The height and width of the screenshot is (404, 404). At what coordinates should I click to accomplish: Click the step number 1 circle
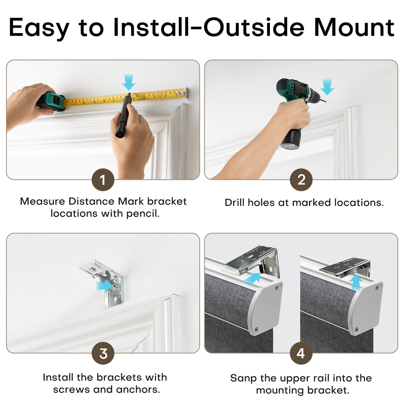(103, 180)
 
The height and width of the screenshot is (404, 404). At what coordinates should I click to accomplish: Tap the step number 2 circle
(301, 180)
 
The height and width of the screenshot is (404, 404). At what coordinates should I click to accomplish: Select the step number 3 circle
(103, 353)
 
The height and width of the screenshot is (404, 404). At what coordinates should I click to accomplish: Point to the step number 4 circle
(301, 353)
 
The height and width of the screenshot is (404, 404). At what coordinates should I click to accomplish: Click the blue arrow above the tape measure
(129, 82)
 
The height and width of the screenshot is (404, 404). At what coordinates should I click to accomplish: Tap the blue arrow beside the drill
(327, 87)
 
